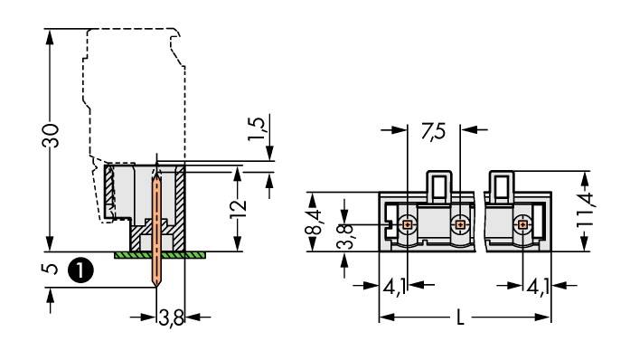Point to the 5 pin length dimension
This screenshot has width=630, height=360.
coord(52,269)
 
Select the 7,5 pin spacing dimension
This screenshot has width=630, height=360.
coord(433,130)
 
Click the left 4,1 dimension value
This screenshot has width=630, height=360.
coord(395,288)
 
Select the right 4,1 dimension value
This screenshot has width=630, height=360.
coord(539,288)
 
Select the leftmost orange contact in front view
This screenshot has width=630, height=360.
coord(407,223)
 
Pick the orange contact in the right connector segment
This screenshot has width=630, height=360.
coord(522,223)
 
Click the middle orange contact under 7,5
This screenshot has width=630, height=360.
coord(461,223)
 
